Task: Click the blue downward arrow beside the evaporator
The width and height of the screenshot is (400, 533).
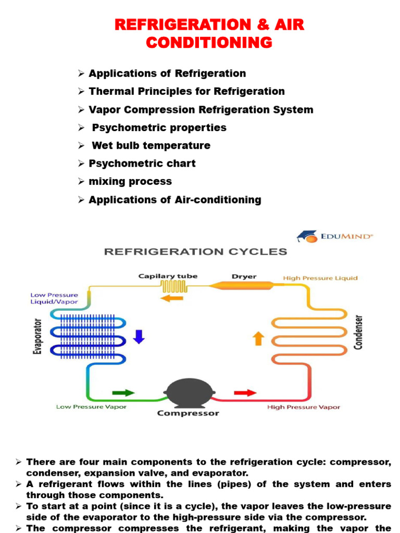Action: click(139, 336)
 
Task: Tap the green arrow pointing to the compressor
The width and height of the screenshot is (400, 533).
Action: click(123, 393)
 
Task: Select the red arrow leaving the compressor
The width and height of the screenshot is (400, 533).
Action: click(245, 392)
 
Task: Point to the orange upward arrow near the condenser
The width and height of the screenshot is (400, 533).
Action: click(258, 339)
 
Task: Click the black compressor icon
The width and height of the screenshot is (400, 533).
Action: click(188, 391)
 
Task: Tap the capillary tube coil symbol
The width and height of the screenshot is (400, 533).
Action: click(169, 286)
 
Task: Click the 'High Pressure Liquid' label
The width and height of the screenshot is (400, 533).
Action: click(320, 278)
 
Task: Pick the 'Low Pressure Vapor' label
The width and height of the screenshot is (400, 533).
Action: click(91, 407)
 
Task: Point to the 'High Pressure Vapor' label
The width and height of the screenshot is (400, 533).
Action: click(303, 407)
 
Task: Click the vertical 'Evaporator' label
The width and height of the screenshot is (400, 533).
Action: click(37, 336)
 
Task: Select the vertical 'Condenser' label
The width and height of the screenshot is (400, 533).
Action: click(358, 332)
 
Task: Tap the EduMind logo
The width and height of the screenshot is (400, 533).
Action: click(334, 236)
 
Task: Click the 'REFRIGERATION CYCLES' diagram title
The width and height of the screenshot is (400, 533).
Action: click(195, 252)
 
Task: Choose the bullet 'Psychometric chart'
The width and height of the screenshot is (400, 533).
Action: click(142, 163)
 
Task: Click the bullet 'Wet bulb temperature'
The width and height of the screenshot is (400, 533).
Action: click(151, 145)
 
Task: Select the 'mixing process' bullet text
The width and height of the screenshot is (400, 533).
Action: click(130, 182)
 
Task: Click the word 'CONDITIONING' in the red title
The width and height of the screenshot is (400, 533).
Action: click(209, 42)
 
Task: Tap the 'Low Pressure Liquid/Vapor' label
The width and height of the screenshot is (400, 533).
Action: click(54, 298)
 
